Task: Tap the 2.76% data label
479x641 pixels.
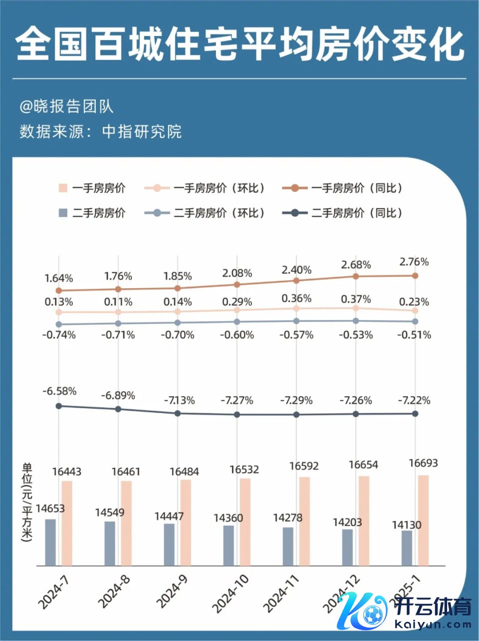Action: [414, 262]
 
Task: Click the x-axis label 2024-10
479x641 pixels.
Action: [230, 594]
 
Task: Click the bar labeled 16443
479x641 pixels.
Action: [67, 523]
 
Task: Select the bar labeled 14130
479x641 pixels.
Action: [407, 548]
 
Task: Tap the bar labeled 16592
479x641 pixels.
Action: [304, 521]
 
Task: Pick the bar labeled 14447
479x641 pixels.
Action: [169, 544]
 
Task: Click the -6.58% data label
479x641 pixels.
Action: [59, 391]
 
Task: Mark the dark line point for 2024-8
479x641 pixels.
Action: [118, 409]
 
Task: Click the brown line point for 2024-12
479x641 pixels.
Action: [356, 276]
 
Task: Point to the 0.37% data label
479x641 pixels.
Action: [356, 299]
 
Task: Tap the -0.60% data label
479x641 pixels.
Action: [237, 335]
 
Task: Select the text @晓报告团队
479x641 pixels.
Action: [66, 106]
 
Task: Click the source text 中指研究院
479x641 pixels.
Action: [142, 131]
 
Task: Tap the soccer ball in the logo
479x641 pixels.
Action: [373, 614]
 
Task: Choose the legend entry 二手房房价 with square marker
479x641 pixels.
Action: [92, 213]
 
